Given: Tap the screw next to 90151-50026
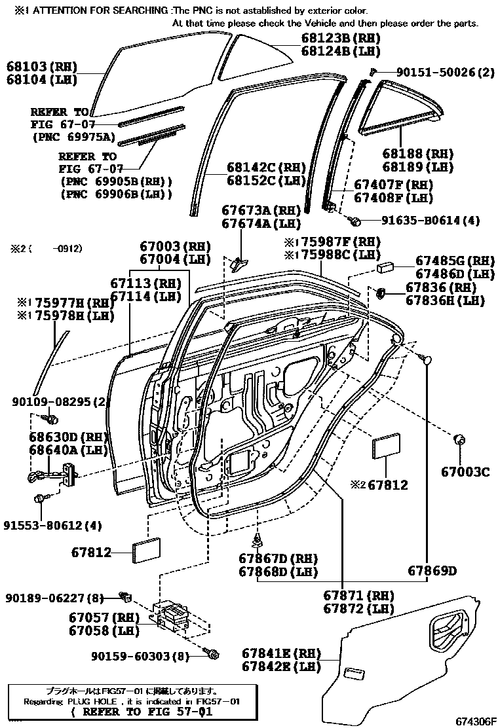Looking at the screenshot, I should coord(372,71).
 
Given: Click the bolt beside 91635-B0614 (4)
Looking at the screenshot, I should coord(354,221).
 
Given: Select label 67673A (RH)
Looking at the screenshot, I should coord(260,211).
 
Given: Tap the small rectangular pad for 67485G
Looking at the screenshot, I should coord(384,267).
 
